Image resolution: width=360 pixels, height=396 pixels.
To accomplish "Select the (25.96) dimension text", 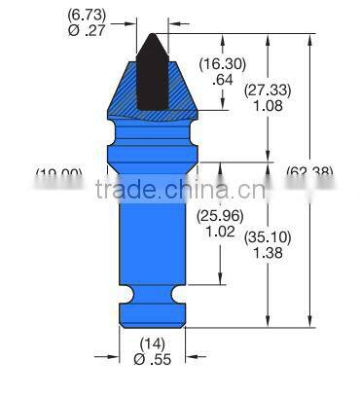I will (217, 216).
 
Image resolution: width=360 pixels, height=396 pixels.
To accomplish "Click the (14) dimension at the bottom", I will (152, 342).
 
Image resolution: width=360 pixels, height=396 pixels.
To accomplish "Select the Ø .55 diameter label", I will (152, 358).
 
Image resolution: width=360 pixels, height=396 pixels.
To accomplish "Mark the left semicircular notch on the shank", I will (124, 292).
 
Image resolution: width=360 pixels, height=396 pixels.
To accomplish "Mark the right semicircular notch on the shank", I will (180, 292).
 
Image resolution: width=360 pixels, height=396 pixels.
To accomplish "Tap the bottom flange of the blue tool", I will (152, 313).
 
